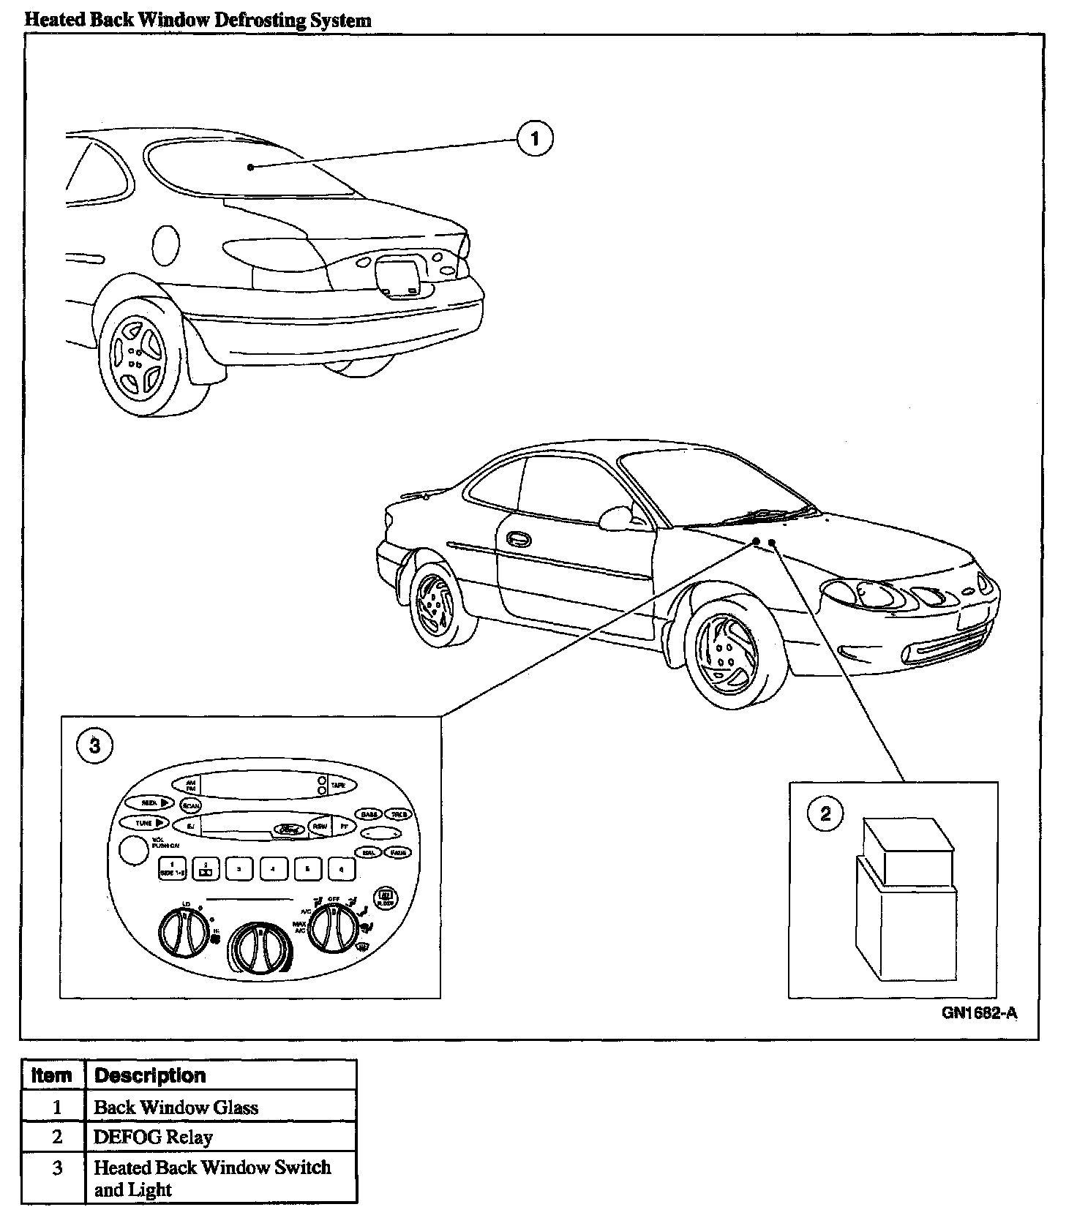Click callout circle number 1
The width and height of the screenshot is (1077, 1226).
click(x=535, y=138)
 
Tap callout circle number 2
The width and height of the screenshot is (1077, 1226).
click(x=825, y=813)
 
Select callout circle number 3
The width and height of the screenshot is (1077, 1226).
click(x=94, y=745)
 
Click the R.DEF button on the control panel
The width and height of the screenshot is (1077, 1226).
click(x=384, y=898)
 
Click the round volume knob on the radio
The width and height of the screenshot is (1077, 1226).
click(x=132, y=851)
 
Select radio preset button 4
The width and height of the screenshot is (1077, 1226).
click(x=272, y=869)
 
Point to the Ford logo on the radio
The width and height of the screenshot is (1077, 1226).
click(x=290, y=829)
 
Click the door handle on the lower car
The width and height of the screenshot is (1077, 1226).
click(x=517, y=539)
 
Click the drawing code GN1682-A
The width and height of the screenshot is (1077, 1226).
click(x=979, y=1013)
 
